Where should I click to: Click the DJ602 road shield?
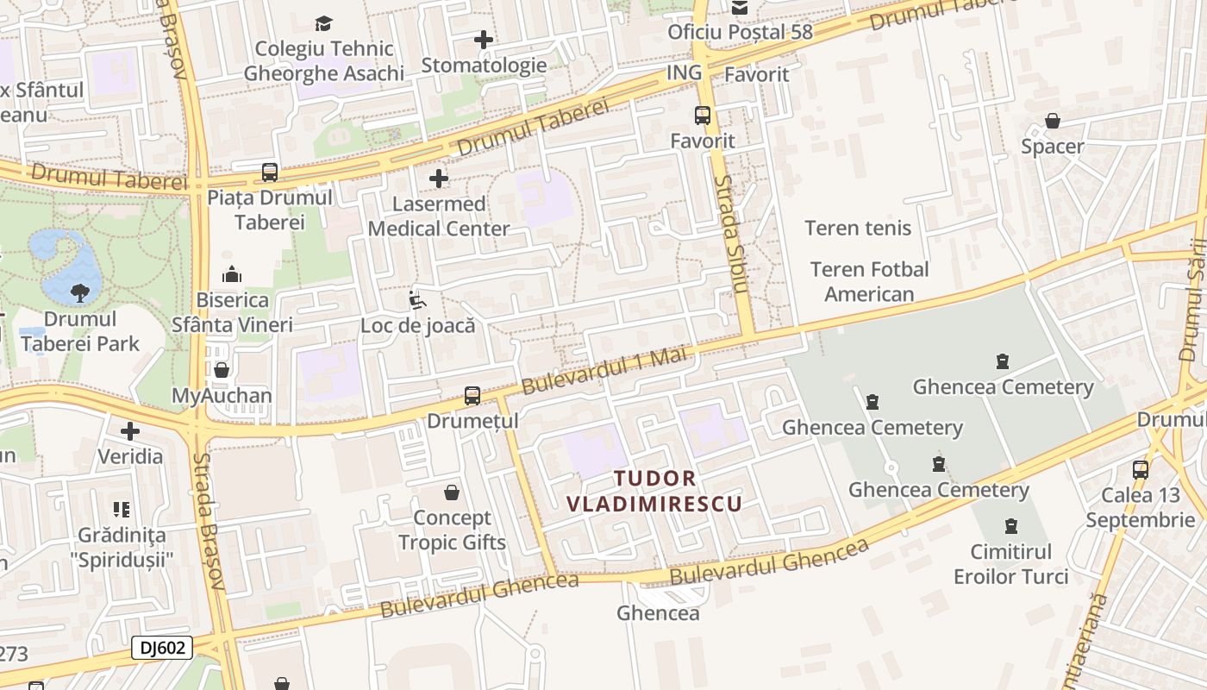pyautogui.click(x=162, y=648)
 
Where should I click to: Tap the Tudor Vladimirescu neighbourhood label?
pyautogui.click(x=654, y=491)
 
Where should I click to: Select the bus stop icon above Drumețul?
pyautogui.click(x=472, y=396)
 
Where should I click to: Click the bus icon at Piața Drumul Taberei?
pyautogui.click(x=270, y=172)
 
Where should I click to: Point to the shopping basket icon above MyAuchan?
pyautogui.click(x=222, y=370)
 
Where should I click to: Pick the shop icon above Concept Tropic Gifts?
pyautogui.click(x=451, y=492)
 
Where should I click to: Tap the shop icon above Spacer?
pyautogui.click(x=1052, y=121)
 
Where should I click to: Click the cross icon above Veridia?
pyautogui.click(x=130, y=430)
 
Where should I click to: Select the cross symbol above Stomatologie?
pyautogui.click(x=484, y=40)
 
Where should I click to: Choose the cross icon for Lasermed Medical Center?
pyautogui.click(x=439, y=179)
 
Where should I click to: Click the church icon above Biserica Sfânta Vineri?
pyautogui.click(x=232, y=274)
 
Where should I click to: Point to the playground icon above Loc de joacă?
pyautogui.click(x=417, y=300)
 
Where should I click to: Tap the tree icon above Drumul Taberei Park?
pyautogui.click(x=80, y=293)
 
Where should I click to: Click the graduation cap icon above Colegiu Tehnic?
pyautogui.click(x=323, y=23)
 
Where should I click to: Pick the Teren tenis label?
pyautogui.click(x=858, y=228)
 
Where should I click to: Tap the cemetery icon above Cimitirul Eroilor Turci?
pyautogui.click(x=1010, y=525)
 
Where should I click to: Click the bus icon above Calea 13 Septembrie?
pyautogui.click(x=1141, y=470)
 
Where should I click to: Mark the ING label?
pyautogui.click(x=685, y=73)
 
